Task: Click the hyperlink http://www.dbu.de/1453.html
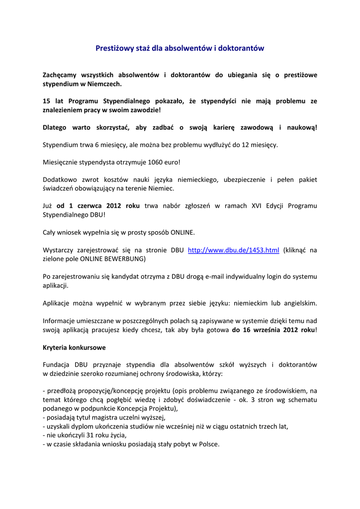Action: pos(233,250)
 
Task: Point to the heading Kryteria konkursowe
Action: pos(74,347)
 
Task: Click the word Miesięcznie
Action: pos(61,162)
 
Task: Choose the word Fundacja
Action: pos(57,365)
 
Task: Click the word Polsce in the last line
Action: pos(207,444)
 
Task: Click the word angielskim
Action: pos(299,303)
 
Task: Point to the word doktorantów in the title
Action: pos(242,48)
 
